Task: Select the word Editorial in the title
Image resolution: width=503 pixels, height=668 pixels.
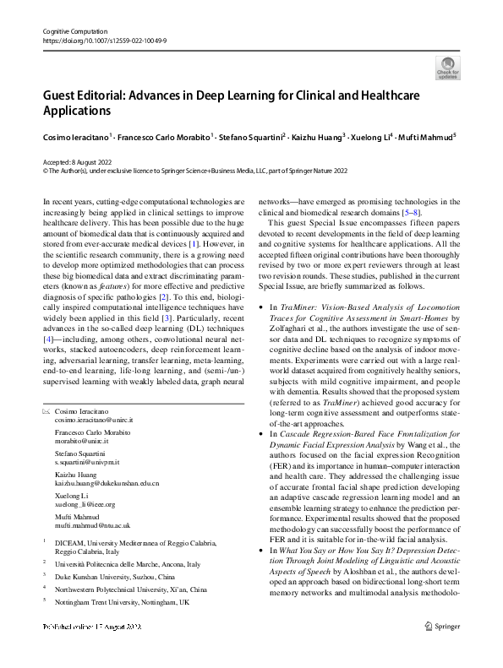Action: click(110, 95)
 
